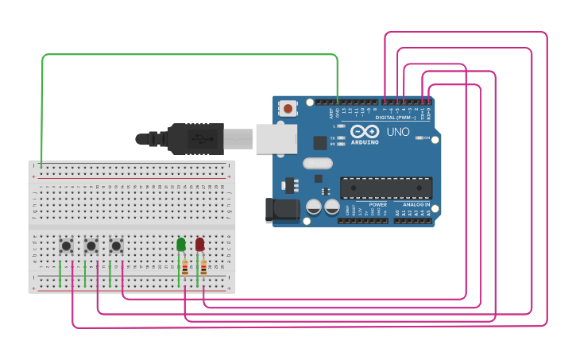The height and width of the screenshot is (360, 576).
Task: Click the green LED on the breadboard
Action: pos(181,243)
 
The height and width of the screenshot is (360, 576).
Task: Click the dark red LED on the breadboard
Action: pos(199,243)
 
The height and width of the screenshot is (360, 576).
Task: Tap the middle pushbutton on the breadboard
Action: pos(91,246)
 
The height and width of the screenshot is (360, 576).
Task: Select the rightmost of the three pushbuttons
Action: pos(116,246)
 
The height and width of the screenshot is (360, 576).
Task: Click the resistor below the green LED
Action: pos(185,268)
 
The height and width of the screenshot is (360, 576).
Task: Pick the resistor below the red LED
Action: pos(203,268)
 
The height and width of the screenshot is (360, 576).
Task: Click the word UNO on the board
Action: pos(397,132)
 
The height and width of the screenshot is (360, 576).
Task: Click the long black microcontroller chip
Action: pos(386,188)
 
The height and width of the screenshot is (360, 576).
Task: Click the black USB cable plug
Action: pos(191,138)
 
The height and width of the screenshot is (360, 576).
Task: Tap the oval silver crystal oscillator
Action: pos(316,165)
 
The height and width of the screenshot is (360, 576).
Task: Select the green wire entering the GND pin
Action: pos(337,79)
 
